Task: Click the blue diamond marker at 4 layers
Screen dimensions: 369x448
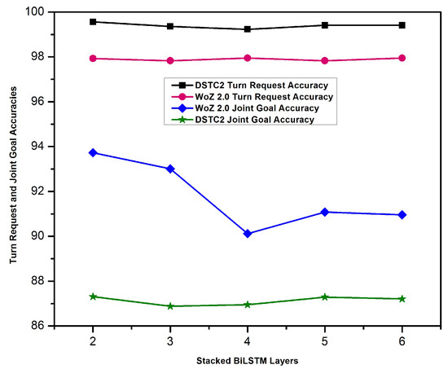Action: [x=248, y=234]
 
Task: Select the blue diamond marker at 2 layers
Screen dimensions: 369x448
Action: [x=93, y=152]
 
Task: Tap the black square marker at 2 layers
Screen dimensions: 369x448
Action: [x=93, y=21]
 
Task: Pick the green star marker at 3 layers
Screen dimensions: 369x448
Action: [x=170, y=306]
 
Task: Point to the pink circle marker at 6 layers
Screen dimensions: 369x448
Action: [x=402, y=58]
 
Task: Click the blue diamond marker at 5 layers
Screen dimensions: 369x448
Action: [x=325, y=212]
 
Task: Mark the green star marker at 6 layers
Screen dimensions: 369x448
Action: [x=402, y=299]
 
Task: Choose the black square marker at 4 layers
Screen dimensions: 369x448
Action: [x=248, y=29]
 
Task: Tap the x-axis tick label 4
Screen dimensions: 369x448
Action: [x=248, y=338]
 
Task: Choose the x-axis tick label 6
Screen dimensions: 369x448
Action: [x=402, y=338]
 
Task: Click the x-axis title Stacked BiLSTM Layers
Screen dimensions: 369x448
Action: [x=248, y=358]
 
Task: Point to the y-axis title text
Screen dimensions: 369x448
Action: [x=11, y=169]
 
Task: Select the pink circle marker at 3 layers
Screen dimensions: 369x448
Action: [x=170, y=60]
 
